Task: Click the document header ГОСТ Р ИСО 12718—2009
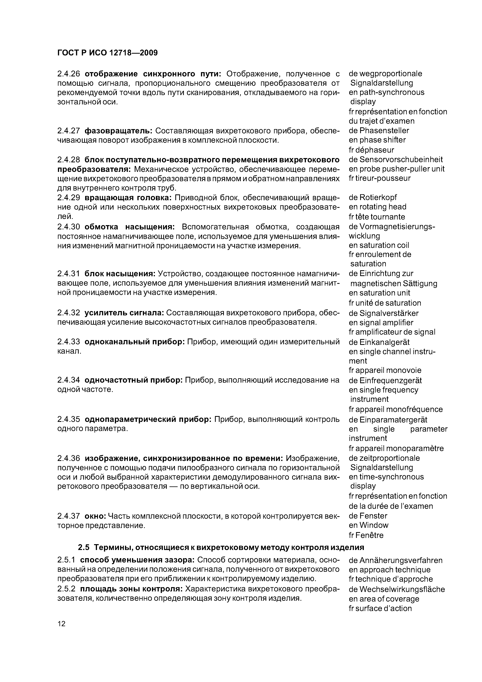(x=107, y=53)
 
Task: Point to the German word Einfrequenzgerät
(x=390, y=380)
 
